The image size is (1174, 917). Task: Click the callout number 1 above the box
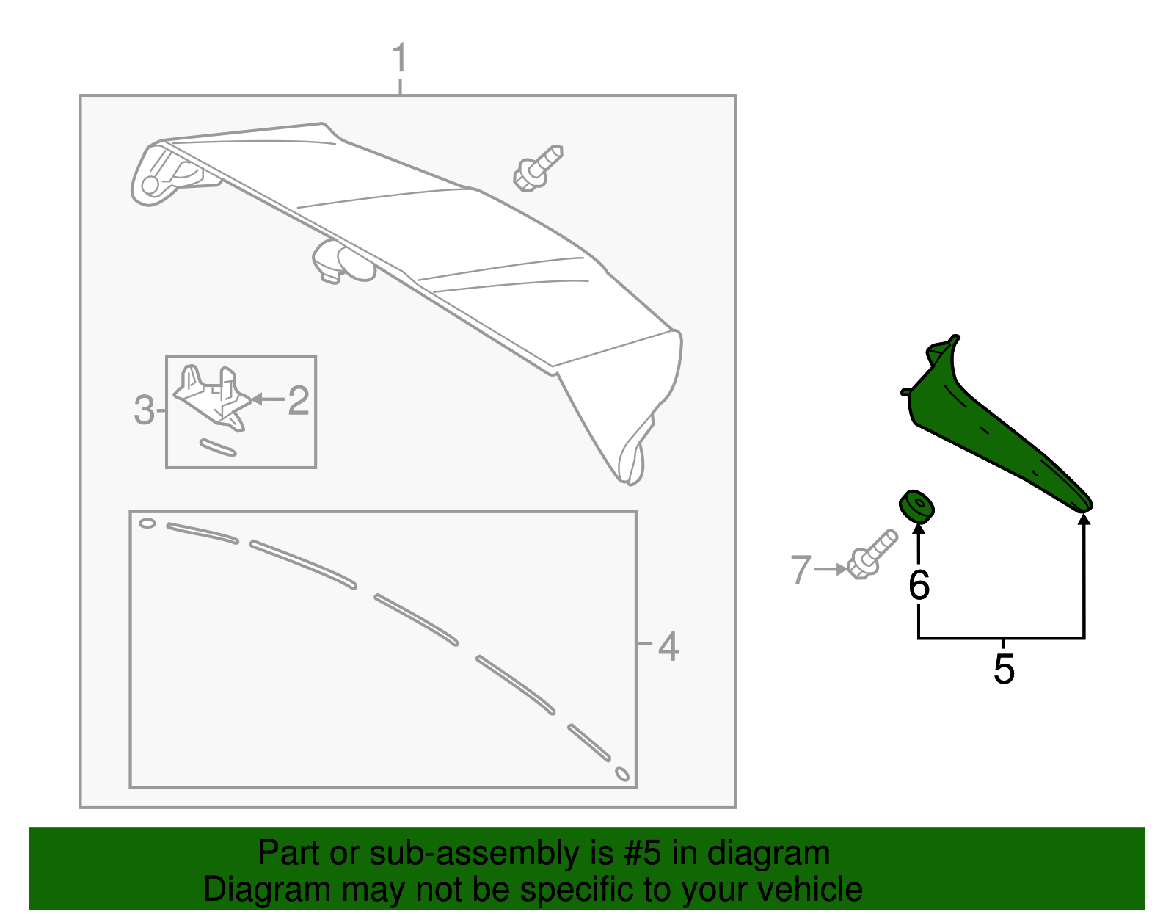click(x=399, y=58)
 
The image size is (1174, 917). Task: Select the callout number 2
click(x=298, y=401)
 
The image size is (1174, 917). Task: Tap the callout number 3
click(x=144, y=410)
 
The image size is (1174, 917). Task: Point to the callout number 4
click(x=668, y=646)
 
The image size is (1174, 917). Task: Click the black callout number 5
click(x=1003, y=669)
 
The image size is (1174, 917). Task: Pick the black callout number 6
click(x=919, y=585)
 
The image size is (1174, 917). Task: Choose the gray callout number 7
click(x=801, y=570)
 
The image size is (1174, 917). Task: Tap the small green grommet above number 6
click(x=916, y=506)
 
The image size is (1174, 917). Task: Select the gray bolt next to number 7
click(x=871, y=555)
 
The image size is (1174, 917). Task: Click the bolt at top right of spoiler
click(x=537, y=168)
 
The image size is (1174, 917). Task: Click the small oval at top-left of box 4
click(x=147, y=523)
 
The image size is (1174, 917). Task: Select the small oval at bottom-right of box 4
click(x=621, y=774)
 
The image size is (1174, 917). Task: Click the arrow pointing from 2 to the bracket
click(x=267, y=399)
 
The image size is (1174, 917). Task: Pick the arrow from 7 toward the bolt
click(x=831, y=569)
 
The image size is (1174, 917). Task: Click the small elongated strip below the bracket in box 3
click(x=217, y=448)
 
